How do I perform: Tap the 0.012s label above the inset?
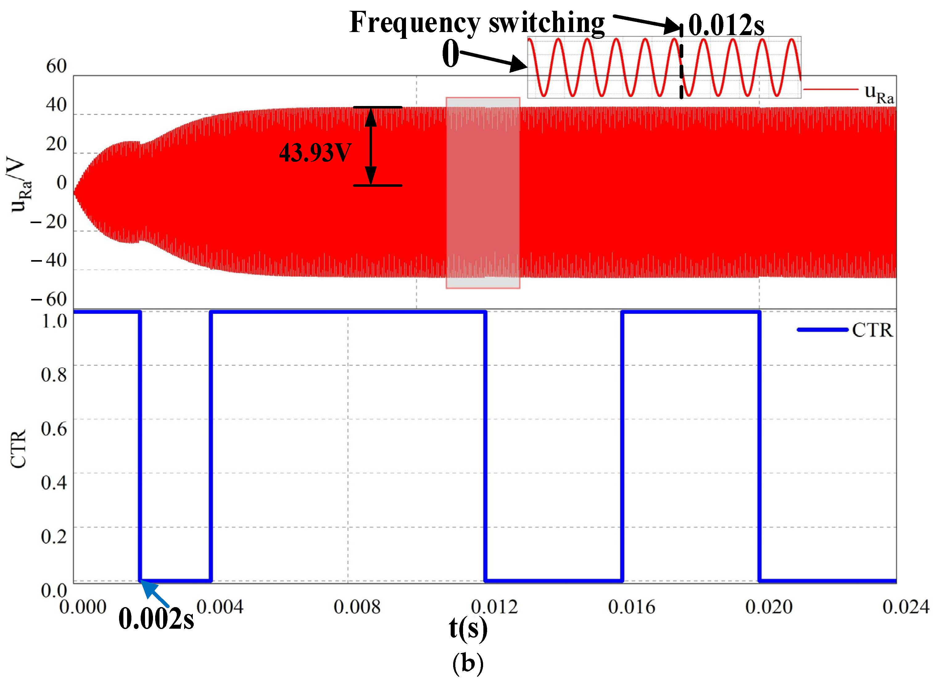(x=726, y=26)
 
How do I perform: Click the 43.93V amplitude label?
(x=315, y=153)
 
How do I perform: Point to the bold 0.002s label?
(x=156, y=619)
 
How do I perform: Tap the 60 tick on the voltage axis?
(x=56, y=66)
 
